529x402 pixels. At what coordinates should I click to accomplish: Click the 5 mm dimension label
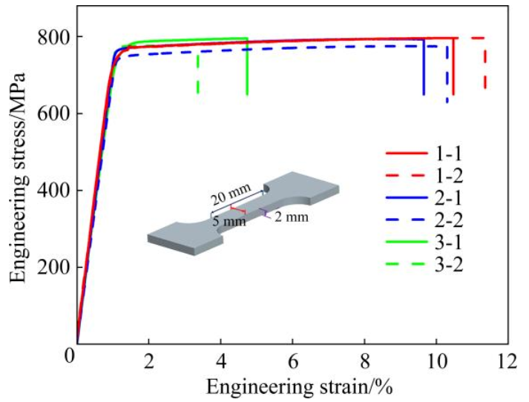229,220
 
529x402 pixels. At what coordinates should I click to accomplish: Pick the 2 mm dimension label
290,218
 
